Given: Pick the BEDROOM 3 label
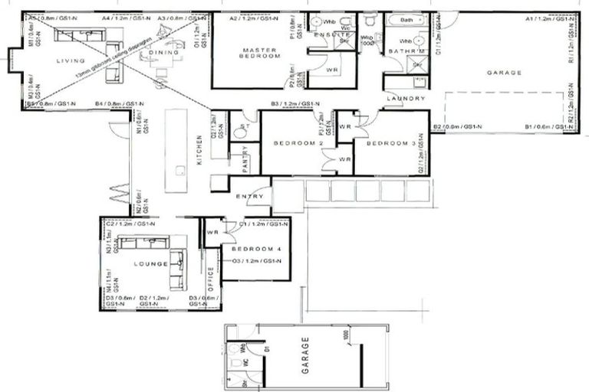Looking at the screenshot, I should point(390,143).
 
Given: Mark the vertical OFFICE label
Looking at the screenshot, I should point(211,281).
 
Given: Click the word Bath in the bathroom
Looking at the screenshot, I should point(406,19).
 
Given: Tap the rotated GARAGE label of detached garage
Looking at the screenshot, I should point(304,353).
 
